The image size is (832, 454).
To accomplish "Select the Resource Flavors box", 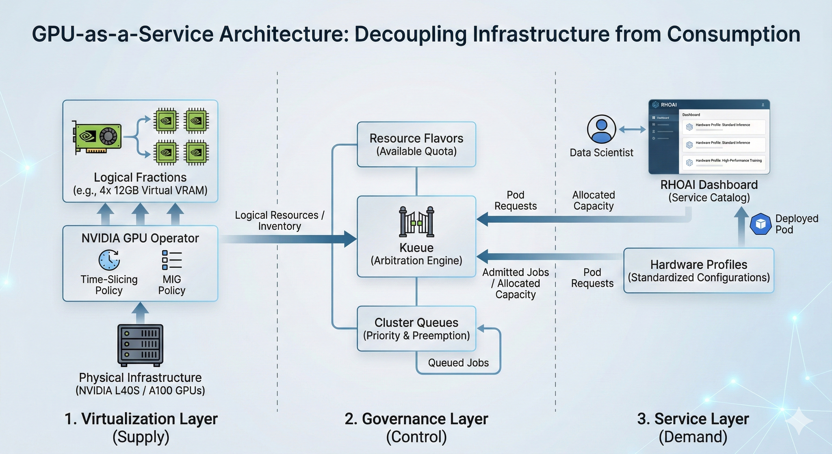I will point(416,145).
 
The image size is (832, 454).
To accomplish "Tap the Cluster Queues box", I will point(416,329).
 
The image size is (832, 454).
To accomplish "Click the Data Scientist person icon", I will point(601,129).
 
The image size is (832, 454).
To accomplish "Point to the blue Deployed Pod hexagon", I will point(760,224).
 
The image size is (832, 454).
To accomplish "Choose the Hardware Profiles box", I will point(699,270).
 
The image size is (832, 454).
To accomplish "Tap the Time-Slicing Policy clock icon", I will point(109,260).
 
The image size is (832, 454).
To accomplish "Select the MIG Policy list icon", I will point(171,260).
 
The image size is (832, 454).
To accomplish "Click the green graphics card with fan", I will point(97,137).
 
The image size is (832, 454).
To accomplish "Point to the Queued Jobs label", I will point(458,363).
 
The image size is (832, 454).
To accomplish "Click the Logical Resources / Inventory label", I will point(279,220).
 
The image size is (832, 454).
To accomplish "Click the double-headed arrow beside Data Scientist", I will point(632,129).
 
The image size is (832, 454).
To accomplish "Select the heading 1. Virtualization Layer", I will point(141,419).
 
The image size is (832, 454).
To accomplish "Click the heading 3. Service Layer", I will point(693,419).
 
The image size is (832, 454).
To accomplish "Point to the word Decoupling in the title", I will point(410,34).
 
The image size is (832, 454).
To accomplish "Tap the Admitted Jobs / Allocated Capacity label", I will point(516,283).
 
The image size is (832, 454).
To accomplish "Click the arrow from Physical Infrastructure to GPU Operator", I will point(140,313).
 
